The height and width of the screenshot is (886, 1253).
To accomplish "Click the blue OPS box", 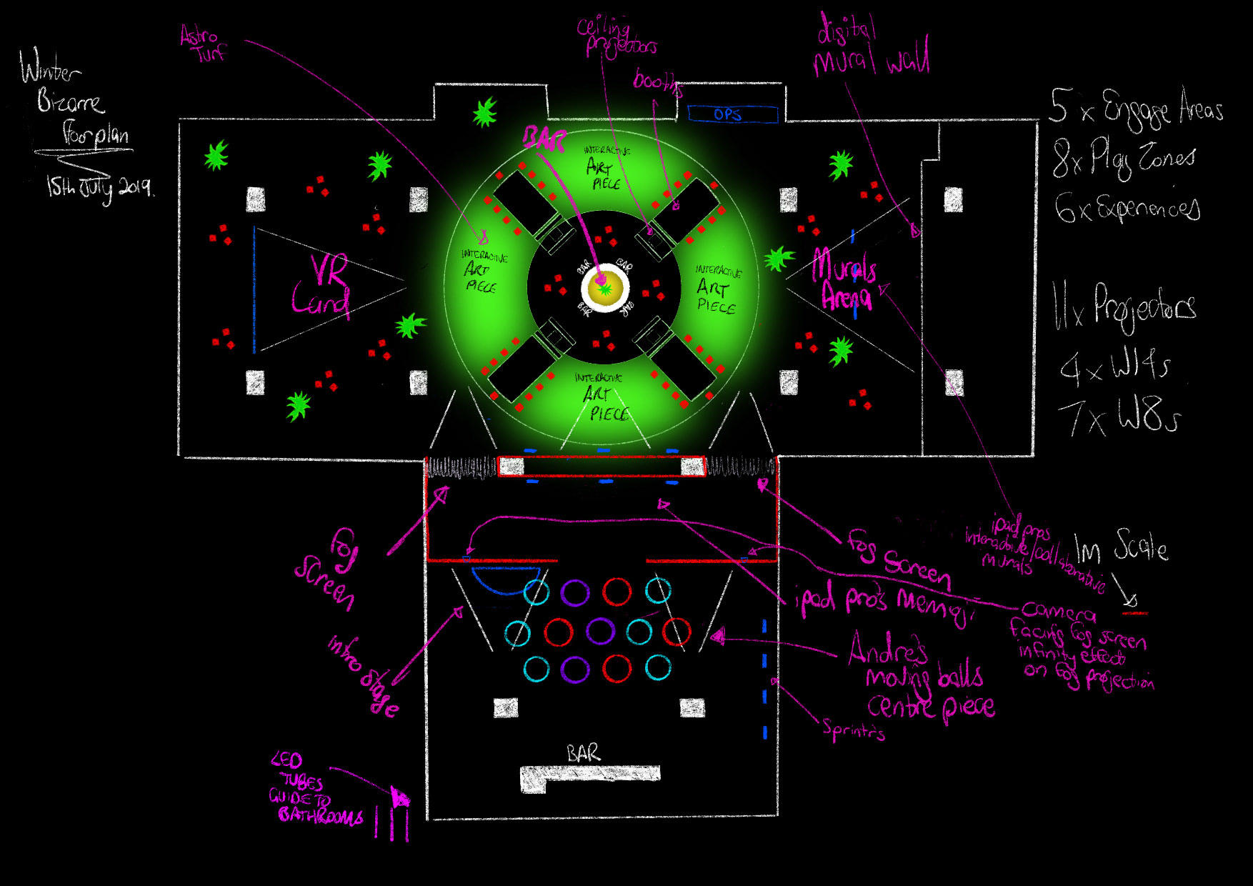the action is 732,114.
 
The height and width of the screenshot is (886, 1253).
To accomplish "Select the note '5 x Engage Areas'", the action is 1136,109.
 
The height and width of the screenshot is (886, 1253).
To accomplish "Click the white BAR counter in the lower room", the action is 589,777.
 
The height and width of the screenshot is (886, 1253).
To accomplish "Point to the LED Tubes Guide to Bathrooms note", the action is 314,790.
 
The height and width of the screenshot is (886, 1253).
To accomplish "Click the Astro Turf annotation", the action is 203,43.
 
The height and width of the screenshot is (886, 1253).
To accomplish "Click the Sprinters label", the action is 853,730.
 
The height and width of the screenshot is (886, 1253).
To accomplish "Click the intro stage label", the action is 364,675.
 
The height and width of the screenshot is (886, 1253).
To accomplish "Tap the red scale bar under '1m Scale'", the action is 1134,613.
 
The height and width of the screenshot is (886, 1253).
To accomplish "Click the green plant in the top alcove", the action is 484,112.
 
